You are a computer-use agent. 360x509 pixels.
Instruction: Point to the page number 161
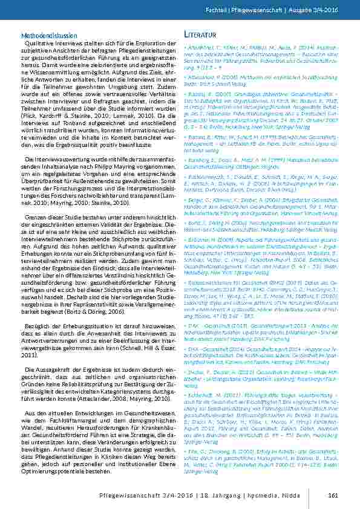332,497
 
